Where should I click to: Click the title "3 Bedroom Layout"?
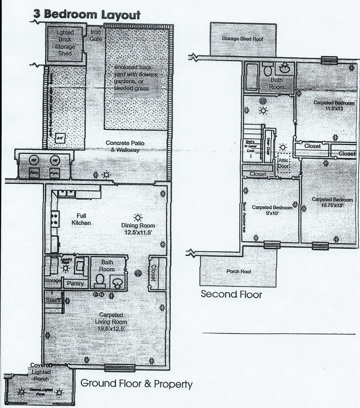87,15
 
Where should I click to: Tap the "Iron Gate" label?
96,35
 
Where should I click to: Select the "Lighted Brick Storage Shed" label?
65,43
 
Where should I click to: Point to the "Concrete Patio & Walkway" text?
122,146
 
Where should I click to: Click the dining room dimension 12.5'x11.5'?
138,231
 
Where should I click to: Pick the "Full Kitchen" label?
81,220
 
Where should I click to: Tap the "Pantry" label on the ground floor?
75,283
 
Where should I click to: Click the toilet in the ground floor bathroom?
100,281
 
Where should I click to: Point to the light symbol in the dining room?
138,218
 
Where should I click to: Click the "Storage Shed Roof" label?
242,39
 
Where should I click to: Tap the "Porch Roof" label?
238,271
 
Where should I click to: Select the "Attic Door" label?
283,163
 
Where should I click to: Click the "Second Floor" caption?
231,294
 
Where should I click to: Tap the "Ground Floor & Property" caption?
136,384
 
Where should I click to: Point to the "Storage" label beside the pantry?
53,281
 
